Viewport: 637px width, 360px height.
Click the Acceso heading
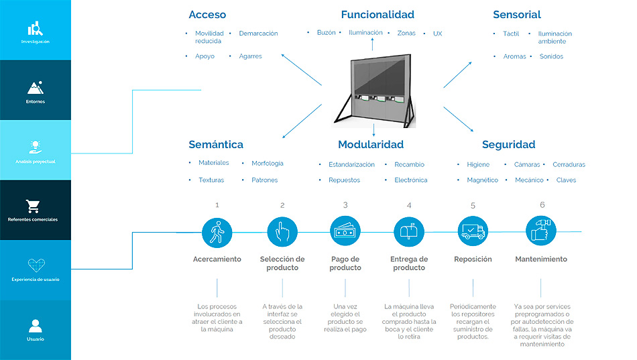coord(207,15)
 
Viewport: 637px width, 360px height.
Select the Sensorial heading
coord(516,15)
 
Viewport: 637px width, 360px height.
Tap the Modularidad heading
coord(371,145)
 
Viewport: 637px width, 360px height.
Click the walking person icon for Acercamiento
coord(217,231)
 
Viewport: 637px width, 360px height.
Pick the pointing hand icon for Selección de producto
coord(282,231)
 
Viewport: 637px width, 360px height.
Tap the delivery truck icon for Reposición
coord(473,231)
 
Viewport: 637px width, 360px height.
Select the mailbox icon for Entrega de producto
coord(408,231)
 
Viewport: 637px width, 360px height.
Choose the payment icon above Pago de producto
coord(345,231)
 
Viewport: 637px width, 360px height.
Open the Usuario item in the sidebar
coord(36,329)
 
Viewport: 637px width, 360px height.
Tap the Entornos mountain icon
coord(36,88)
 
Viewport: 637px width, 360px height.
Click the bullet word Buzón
coord(326,33)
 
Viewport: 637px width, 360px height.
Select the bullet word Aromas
coord(515,57)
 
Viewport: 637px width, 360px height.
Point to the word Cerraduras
coord(569,165)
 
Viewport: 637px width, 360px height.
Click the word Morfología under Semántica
coord(268,164)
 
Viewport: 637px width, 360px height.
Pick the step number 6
coord(542,205)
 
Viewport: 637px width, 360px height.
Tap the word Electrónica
coord(410,180)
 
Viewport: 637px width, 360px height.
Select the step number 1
coord(217,205)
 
